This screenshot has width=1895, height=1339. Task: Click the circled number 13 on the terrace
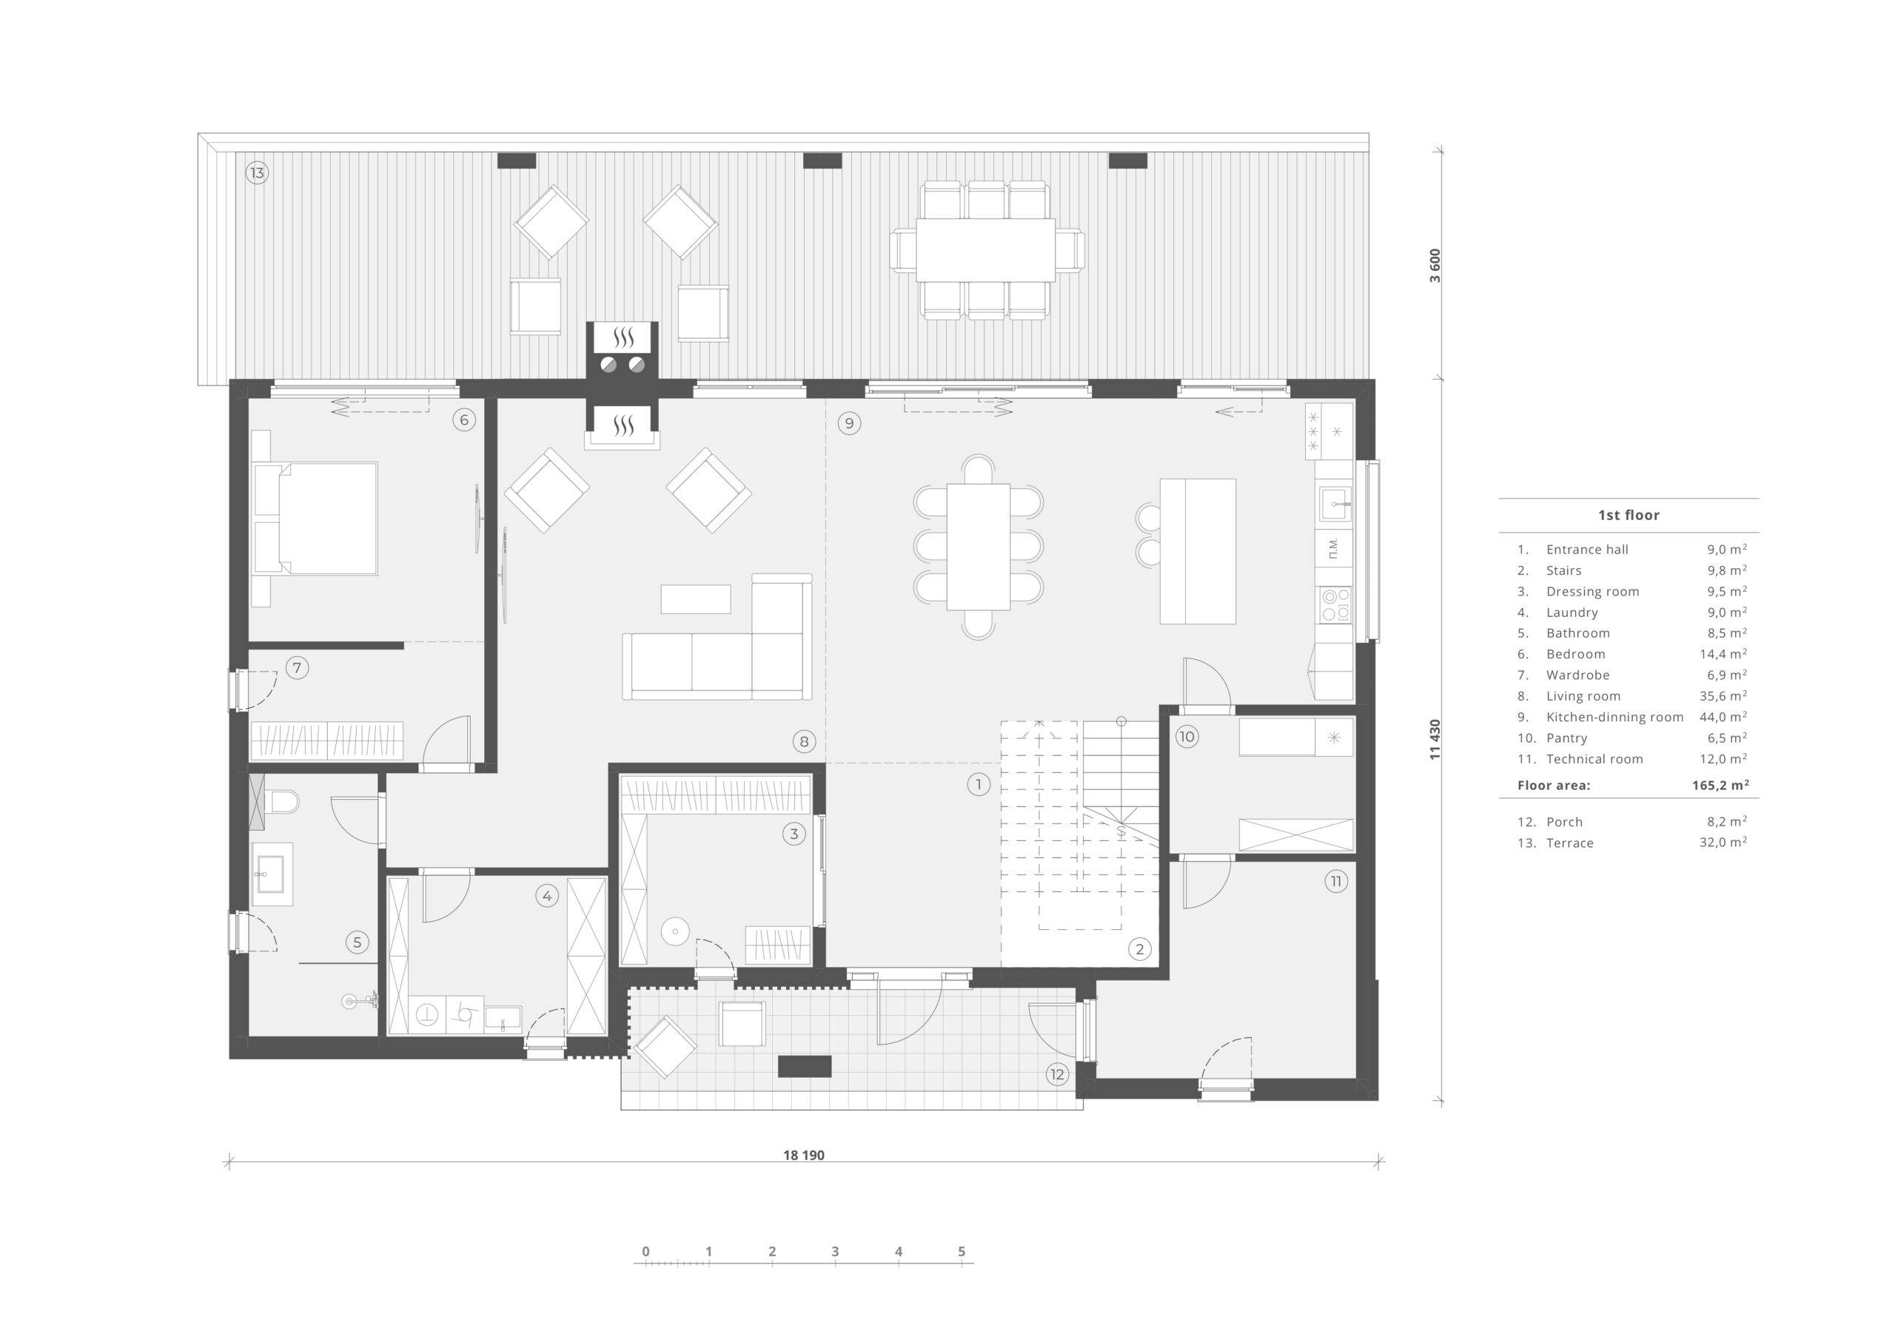coord(257,173)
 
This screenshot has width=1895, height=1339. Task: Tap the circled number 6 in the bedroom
coord(464,420)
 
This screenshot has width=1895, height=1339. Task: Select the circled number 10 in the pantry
coord(1186,737)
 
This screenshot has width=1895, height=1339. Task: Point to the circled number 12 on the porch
coord(1057,1074)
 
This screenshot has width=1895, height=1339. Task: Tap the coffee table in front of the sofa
coord(696,599)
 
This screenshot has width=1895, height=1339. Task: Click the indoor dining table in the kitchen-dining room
coord(979,547)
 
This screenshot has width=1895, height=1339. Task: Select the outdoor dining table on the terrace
coord(985,249)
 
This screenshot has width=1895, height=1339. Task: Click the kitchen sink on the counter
coord(1335,503)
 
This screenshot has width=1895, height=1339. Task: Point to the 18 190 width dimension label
coord(804,1155)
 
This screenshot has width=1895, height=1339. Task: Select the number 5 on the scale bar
coord(962,1251)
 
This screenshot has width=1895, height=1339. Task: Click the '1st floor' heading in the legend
coord(1629,515)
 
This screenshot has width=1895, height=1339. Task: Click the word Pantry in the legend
coord(1566,738)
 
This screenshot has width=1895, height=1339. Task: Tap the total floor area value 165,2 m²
coord(1720,785)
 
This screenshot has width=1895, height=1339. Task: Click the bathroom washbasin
coord(272,873)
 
